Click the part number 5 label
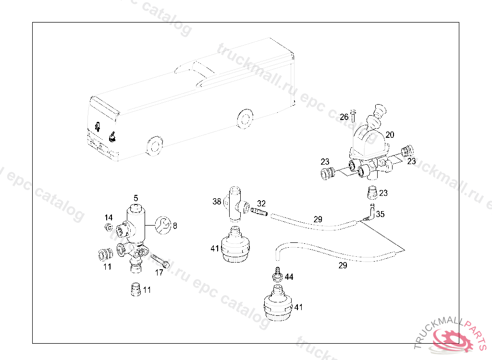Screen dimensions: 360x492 (136, 198)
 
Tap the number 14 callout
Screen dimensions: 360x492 (109, 217)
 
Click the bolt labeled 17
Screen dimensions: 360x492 (160, 261)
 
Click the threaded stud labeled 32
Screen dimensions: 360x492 (258, 212)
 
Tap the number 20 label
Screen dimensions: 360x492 (390, 134)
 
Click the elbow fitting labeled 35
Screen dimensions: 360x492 (370, 212)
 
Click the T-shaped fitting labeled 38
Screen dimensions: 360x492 (235, 204)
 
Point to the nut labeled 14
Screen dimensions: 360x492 (109, 227)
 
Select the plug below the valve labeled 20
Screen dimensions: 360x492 (372, 193)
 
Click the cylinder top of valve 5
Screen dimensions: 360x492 (136, 210)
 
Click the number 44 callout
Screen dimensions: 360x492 (289, 277)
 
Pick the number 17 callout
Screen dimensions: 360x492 (159, 273)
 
